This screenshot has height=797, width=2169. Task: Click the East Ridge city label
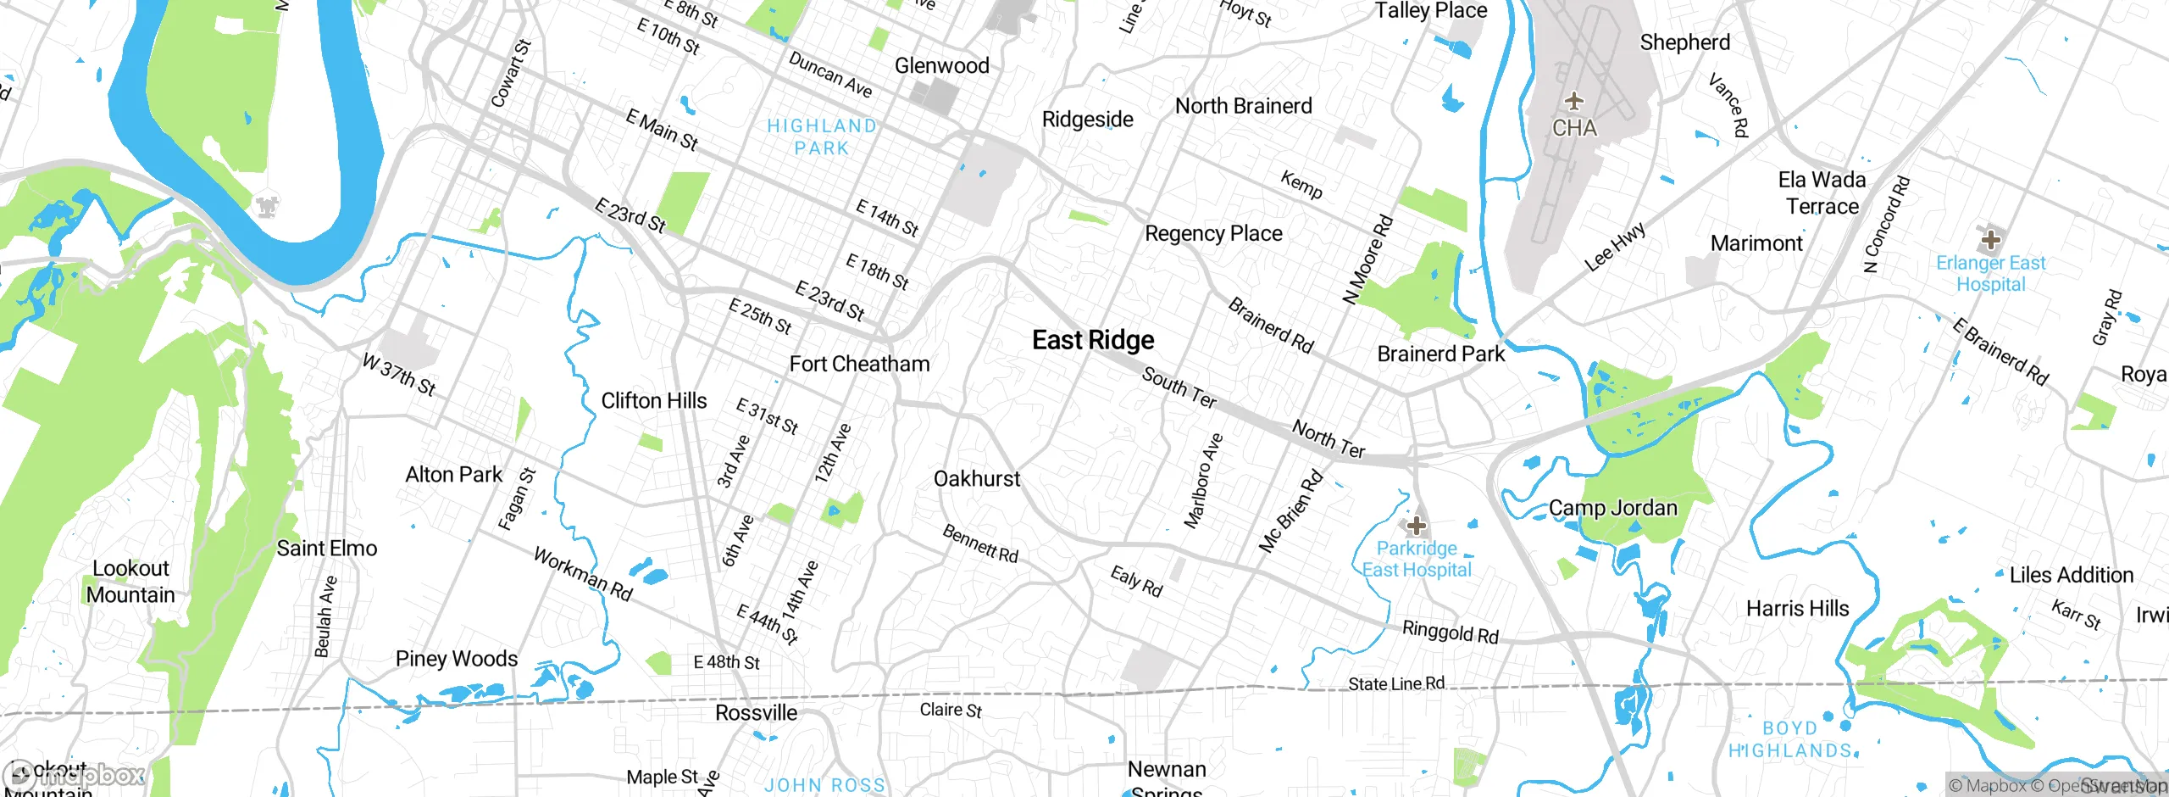[x=1093, y=340]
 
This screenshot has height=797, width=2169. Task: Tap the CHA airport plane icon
[x=1574, y=102]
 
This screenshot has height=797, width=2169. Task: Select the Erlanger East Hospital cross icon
[x=1990, y=239]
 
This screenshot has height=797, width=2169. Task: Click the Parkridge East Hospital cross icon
[x=1416, y=525]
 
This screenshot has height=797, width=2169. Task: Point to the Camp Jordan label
[x=1612, y=508]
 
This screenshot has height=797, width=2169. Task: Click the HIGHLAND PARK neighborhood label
[x=822, y=137]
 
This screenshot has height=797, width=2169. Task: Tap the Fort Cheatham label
[x=859, y=364]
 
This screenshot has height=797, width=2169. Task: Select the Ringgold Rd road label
[x=1450, y=632]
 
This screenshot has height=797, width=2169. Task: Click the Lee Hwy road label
[x=1615, y=247]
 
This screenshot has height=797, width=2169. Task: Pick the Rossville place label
[x=756, y=712]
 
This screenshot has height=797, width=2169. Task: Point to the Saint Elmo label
[x=326, y=549]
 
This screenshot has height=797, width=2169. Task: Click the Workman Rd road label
[x=583, y=574]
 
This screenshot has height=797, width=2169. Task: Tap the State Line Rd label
[x=1396, y=683]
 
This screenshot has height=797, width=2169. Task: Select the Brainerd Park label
[x=1440, y=354]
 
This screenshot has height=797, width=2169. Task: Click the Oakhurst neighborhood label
[x=977, y=479]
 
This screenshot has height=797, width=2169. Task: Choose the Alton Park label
[x=453, y=475]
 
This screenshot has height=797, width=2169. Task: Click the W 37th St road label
[x=398, y=375]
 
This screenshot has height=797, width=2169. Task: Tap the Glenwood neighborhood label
[x=941, y=66]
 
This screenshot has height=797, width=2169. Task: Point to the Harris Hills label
[x=1797, y=609]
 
